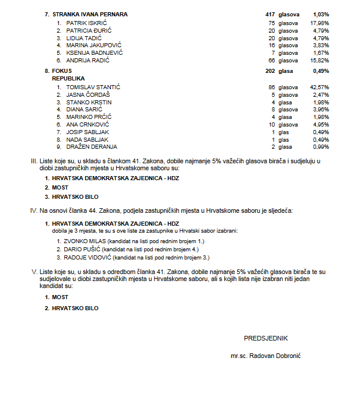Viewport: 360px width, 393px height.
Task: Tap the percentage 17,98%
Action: [x=321, y=22]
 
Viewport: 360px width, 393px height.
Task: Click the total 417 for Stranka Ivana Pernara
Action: [x=270, y=13]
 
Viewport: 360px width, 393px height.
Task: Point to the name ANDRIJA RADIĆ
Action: [x=88, y=60]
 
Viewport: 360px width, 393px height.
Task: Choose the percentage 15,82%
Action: [x=321, y=60]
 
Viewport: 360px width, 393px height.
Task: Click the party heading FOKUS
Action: [x=62, y=71]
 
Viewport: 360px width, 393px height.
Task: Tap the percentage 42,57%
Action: [x=321, y=87]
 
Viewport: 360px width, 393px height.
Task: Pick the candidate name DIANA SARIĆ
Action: [x=84, y=109]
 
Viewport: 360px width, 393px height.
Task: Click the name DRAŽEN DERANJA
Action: [x=91, y=147]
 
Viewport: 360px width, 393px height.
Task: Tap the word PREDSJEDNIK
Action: [x=265, y=338]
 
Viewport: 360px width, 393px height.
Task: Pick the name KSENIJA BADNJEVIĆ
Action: [x=94, y=52]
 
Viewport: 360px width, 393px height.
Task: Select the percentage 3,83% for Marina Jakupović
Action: [x=321, y=45]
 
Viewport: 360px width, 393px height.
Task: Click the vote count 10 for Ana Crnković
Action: [x=271, y=124]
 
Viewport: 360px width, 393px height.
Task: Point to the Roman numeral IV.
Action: [x=33, y=210]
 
